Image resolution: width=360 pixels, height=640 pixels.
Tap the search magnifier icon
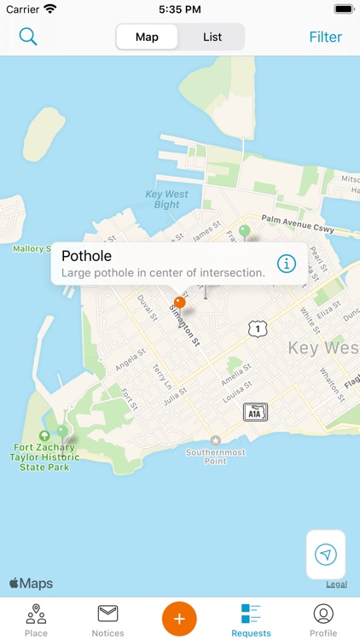(x=28, y=37)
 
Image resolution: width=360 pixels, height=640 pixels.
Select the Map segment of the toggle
(x=147, y=37)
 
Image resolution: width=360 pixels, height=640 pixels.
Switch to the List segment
(x=212, y=37)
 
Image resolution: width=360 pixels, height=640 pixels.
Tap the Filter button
(x=325, y=37)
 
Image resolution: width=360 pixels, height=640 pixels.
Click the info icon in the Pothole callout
(x=287, y=263)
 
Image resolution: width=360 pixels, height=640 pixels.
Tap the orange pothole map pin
(x=180, y=302)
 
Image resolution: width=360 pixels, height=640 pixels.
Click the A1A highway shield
(x=254, y=412)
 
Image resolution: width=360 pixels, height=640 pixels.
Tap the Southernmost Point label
(x=216, y=456)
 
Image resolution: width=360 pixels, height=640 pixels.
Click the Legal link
(x=336, y=585)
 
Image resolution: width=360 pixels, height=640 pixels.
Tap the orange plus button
(x=179, y=618)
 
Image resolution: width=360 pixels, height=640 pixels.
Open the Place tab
(x=36, y=620)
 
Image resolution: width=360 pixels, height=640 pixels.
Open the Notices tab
(x=107, y=620)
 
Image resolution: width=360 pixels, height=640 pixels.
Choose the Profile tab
(x=323, y=620)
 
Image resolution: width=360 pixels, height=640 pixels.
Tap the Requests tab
(x=251, y=620)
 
